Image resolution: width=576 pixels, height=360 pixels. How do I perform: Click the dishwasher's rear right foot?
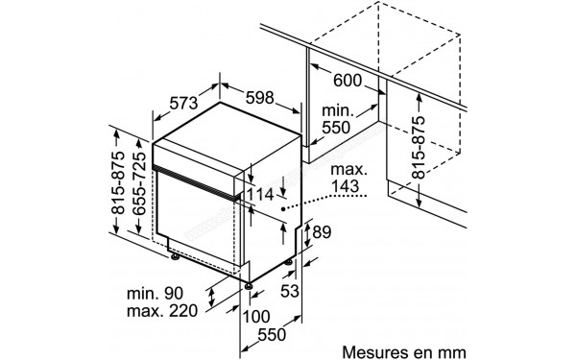tap(290, 261)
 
